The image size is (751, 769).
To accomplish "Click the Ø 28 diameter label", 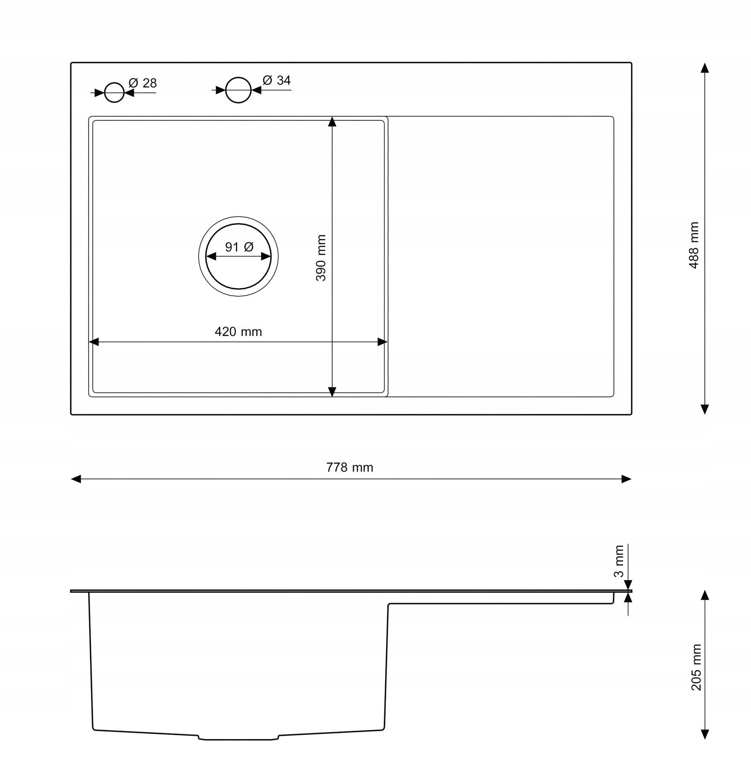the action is pyautogui.click(x=143, y=83).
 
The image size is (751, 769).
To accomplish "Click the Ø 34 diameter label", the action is pyautogui.click(x=277, y=80).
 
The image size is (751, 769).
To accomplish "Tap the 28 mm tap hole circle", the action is pyautogui.click(x=114, y=83).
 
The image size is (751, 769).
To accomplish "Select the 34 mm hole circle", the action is pyautogui.click(x=238, y=78).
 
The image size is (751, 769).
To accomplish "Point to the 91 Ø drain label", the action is pyautogui.click(x=239, y=247).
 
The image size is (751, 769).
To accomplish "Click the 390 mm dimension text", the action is pyautogui.click(x=321, y=258).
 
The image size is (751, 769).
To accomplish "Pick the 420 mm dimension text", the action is pyautogui.click(x=238, y=331).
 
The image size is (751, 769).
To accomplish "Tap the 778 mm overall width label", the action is pyautogui.click(x=349, y=467).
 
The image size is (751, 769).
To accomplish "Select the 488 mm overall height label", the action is pyautogui.click(x=694, y=245).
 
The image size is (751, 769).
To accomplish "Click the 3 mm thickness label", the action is pyautogui.click(x=618, y=561).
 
